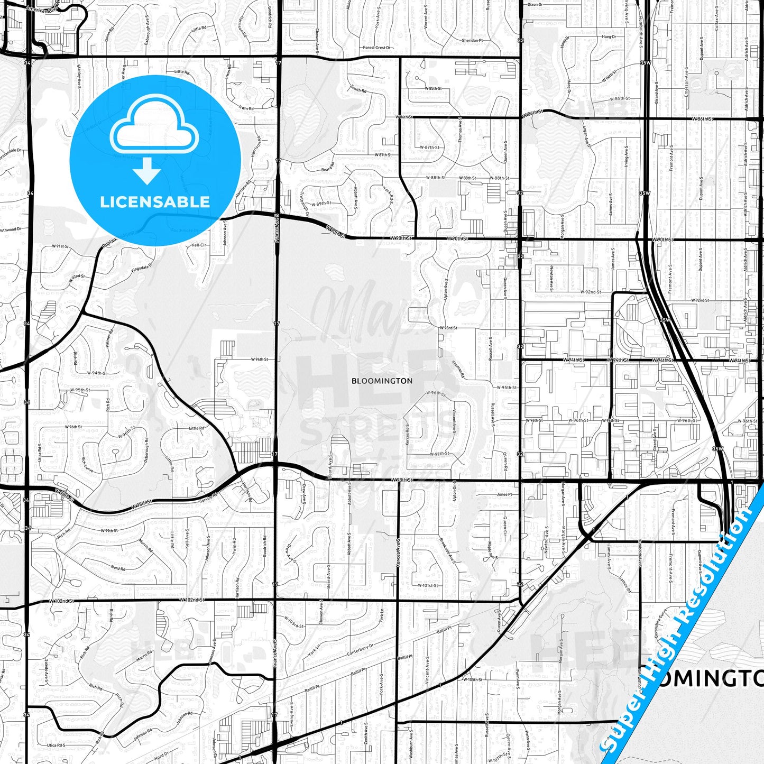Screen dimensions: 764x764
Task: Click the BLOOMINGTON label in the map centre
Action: [382, 381]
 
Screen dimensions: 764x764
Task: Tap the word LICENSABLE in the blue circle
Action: [155, 202]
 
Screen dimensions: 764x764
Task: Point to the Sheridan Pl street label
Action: [472, 40]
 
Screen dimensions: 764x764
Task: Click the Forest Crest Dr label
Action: [376, 48]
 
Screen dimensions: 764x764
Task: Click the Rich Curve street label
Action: [87, 465]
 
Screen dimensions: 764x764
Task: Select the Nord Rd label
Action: [118, 569]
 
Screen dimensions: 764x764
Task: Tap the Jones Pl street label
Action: [504, 494]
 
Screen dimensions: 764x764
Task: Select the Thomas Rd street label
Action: [458, 369]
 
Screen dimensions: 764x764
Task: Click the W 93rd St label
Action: [449, 328]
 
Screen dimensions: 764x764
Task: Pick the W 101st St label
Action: [428, 585]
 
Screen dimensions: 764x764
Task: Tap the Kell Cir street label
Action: [199, 245]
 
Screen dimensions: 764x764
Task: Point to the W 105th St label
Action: [472, 679]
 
